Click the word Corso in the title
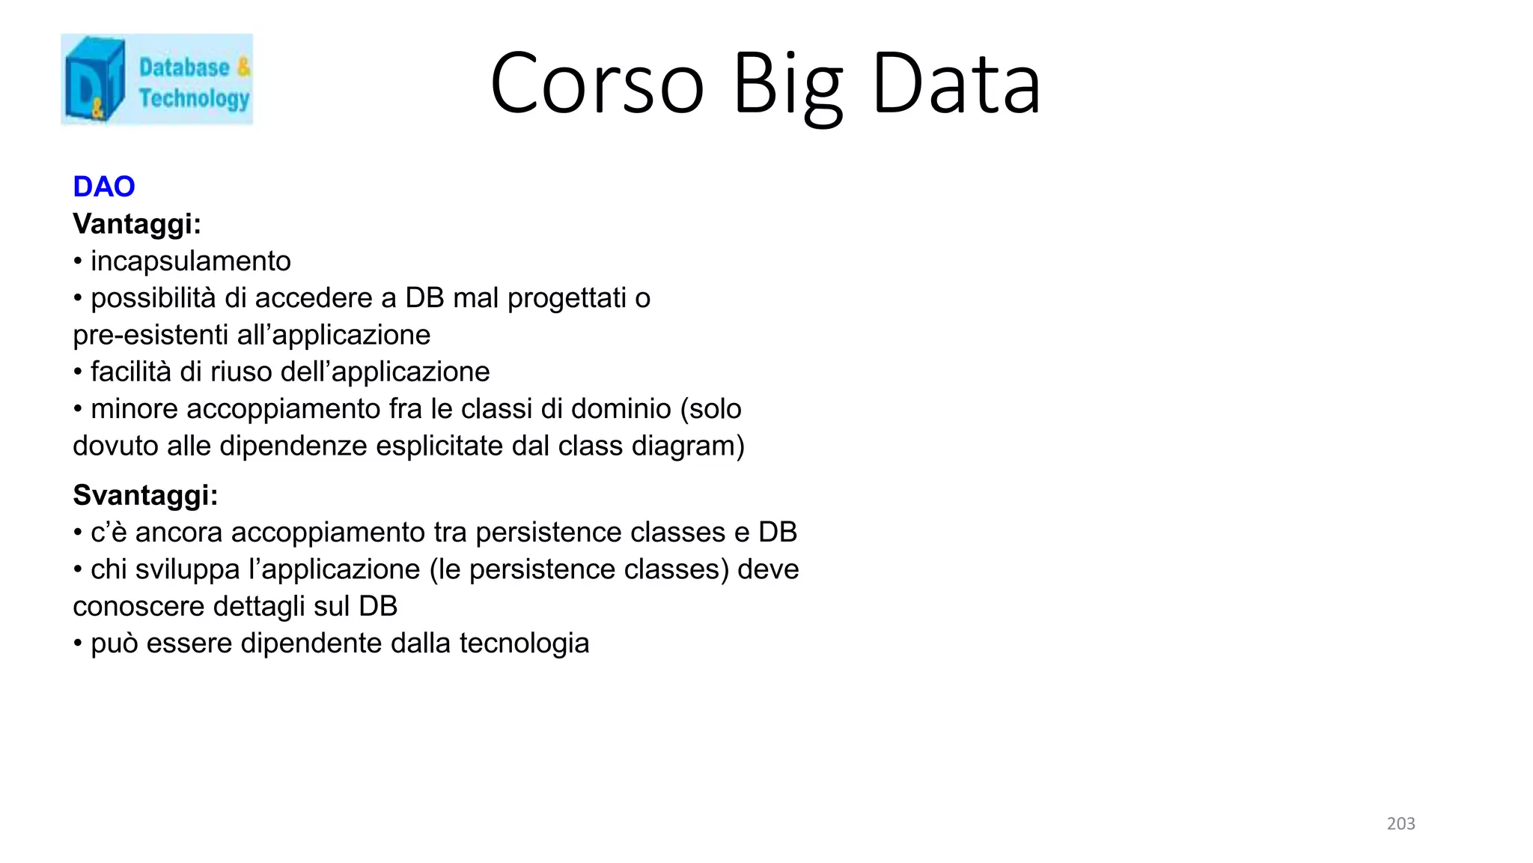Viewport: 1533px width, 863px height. point(597,83)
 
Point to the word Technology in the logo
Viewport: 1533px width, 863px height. point(194,98)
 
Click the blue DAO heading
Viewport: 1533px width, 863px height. point(104,187)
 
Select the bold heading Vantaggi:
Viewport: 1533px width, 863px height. point(137,223)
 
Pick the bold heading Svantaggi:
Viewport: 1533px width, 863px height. point(145,495)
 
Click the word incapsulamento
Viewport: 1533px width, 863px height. point(190,261)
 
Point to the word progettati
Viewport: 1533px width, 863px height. point(567,298)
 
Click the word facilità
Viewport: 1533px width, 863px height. point(131,372)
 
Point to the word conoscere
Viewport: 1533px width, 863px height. point(138,606)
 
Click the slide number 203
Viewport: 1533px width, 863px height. point(1401,823)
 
